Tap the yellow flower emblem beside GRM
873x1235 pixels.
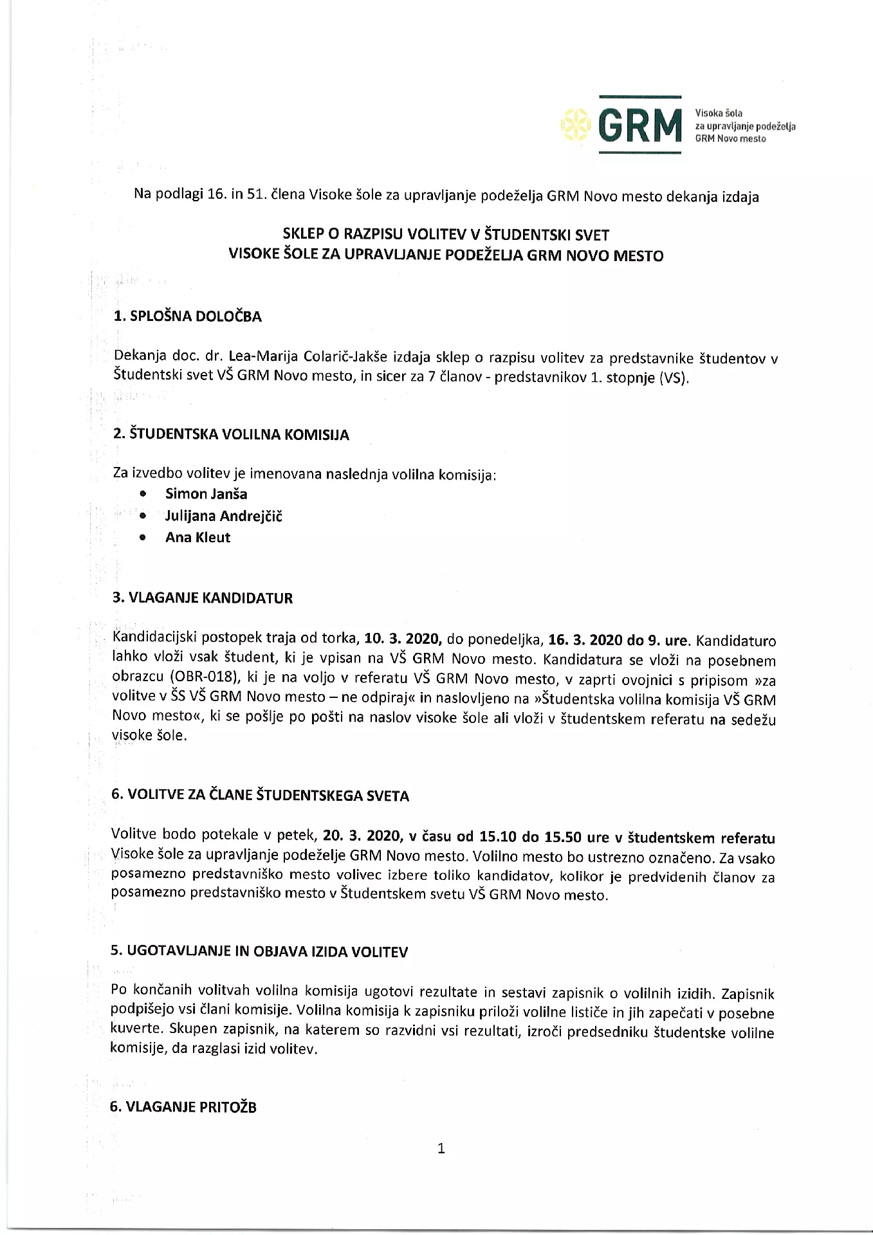click(x=575, y=125)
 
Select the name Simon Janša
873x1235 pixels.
click(x=206, y=494)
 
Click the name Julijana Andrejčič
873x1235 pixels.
click(x=223, y=516)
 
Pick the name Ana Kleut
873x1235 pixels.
click(x=198, y=538)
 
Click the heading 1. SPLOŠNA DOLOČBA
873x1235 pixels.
click(x=187, y=316)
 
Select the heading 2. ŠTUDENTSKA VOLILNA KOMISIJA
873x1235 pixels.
click(x=231, y=435)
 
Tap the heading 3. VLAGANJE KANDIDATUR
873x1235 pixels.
click(x=203, y=598)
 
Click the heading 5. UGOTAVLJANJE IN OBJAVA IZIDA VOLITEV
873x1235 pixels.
click(x=259, y=952)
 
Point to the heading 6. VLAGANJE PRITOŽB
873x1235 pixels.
click(x=183, y=1107)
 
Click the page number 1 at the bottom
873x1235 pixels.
click(x=441, y=1149)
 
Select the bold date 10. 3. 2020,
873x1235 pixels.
click(x=402, y=639)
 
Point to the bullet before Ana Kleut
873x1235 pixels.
click(x=143, y=538)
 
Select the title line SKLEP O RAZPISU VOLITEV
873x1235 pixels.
click(x=446, y=235)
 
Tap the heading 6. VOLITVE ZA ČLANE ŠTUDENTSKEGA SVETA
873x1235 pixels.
click(x=260, y=796)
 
